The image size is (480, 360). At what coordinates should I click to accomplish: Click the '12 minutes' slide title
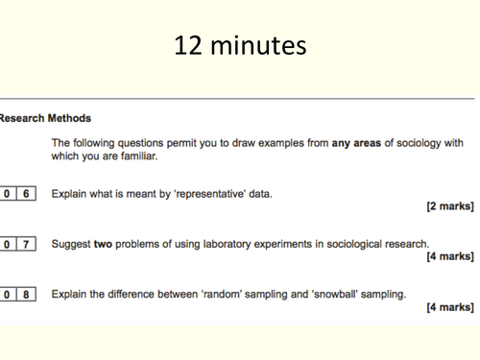click(x=240, y=44)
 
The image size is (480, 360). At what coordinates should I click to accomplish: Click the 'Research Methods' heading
click(x=45, y=118)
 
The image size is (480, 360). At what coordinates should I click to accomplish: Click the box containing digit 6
click(x=26, y=194)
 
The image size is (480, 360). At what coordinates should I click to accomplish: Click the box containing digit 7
click(x=26, y=244)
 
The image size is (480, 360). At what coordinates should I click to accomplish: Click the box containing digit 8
click(x=26, y=294)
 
